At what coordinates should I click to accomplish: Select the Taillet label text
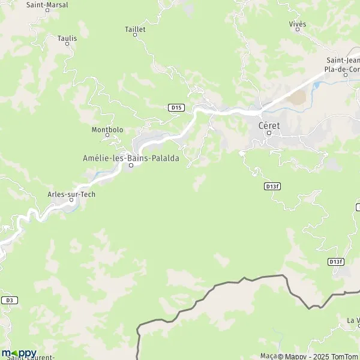coord(135,28)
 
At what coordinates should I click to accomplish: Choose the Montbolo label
coord(107,130)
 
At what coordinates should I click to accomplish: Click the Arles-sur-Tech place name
coord(71,194)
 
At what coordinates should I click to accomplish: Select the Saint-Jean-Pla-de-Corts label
coord(343,64)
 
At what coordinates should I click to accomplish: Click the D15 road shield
coord(176,107)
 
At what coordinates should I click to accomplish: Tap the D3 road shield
coord(9,300)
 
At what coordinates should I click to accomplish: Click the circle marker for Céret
coord(269,133)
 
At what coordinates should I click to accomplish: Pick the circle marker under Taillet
coord(135,35)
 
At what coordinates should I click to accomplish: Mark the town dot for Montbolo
coord(107,136)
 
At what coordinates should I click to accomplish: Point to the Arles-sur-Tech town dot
coord(71,201)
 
